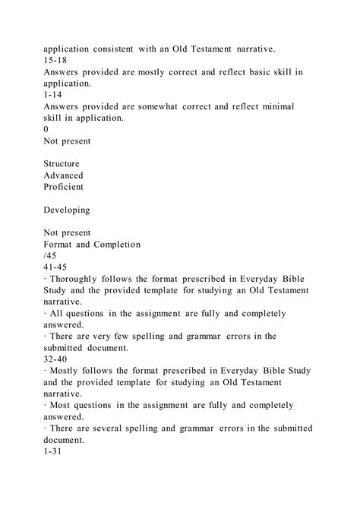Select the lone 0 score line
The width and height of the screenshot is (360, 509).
46,129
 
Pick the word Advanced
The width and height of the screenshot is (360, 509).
63,175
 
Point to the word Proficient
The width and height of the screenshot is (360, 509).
64,187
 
